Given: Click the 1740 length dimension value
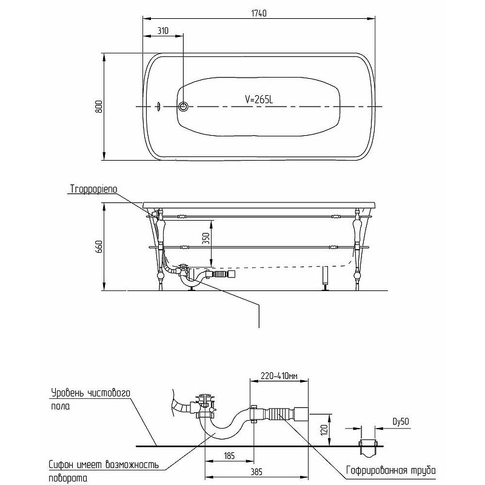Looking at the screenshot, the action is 259,13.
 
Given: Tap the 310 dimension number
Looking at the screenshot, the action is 163,31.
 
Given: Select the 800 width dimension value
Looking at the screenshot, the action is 99,107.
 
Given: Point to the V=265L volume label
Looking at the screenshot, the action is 259,99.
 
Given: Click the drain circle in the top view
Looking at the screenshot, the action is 183,107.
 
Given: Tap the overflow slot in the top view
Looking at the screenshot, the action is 159,107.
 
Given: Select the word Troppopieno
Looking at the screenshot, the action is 94,189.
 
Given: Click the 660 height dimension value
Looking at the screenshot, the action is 99,247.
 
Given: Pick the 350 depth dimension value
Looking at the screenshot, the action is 206,238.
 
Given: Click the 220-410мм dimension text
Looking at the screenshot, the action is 279,376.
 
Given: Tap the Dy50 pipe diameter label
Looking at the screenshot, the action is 401,421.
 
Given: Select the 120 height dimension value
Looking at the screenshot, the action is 324,430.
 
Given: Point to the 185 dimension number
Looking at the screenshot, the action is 229,456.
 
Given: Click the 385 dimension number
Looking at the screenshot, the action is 256,472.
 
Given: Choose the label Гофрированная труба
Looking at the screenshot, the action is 391,470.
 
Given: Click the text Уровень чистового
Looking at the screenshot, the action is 90,393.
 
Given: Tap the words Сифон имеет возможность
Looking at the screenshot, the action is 104,464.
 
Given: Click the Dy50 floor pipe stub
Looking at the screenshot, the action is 368,448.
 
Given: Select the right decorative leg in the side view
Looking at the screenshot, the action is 358,249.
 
